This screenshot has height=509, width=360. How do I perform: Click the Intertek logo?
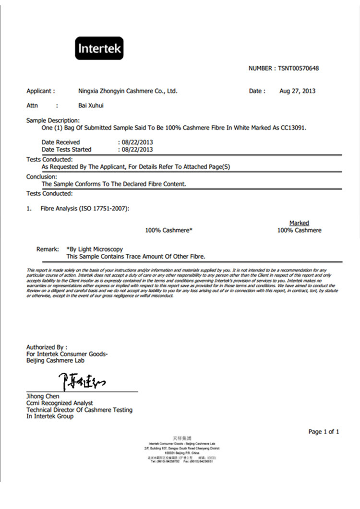tap(99, 48)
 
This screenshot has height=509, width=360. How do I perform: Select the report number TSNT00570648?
tap(298, 68)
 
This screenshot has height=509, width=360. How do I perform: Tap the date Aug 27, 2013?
tap(297, 91)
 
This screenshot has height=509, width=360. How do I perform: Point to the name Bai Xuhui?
tap(91, 105)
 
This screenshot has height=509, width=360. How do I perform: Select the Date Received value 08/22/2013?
tap(137, 142)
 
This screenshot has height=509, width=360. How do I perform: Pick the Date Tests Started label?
tap(66, 149)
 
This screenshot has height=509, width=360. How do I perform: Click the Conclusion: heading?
tap(41, 177)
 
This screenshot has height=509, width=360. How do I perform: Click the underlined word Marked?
tap(299, 223)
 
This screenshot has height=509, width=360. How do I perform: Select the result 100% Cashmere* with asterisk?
tap(169, 230)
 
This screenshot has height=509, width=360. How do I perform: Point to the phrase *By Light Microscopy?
tap(95, 249)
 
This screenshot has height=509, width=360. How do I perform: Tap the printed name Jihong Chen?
tap(43, 396)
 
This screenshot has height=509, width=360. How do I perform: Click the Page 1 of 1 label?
tap(324, 432)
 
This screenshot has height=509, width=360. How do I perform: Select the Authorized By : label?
tap(47, 347)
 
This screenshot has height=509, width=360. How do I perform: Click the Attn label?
tap(32, 105)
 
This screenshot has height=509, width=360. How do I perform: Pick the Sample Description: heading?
tap(53, 120)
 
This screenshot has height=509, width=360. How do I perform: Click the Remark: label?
tap(47, 249)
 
